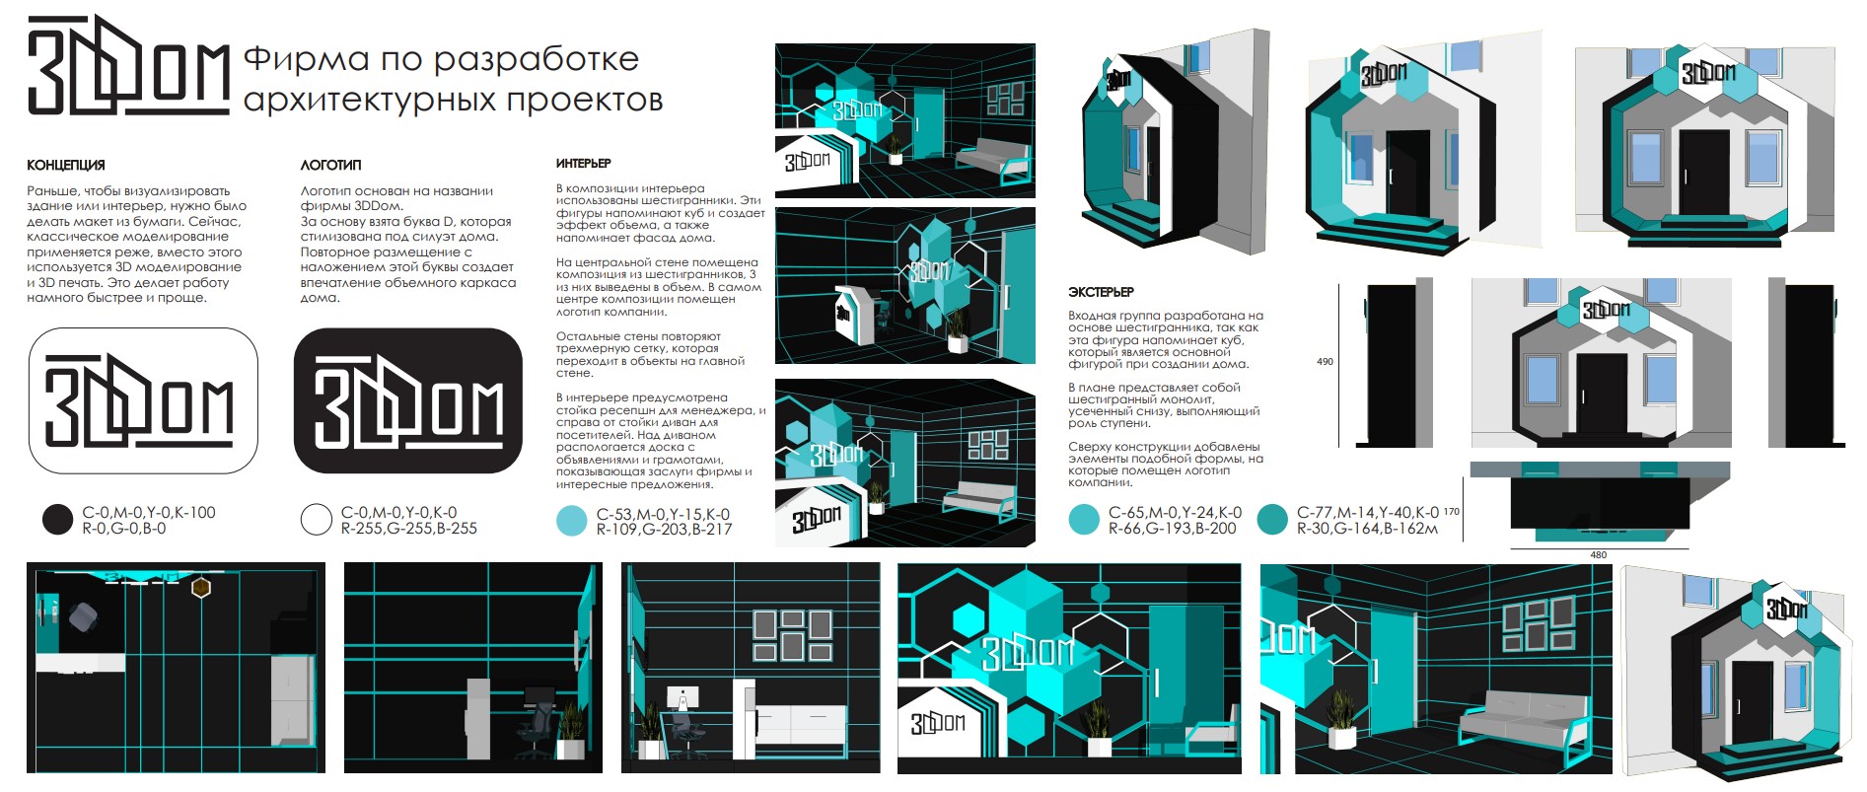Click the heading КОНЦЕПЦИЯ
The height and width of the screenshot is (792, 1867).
[x=65, y=165]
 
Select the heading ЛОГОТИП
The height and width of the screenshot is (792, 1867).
[x=330, y=165]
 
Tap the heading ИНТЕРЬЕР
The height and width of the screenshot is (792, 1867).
[x=583, y=163]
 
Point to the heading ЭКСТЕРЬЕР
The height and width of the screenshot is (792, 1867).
[x=1101, y=292]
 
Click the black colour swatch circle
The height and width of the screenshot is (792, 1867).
[x=58, y=520]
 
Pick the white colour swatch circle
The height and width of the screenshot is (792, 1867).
[x=316, y=520]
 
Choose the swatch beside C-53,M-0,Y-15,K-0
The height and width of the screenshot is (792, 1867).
[x=572, y=521]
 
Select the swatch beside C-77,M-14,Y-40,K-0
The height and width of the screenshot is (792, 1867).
[x=1273, y=520]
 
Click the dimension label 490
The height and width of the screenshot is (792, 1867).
[x=1325, y=362]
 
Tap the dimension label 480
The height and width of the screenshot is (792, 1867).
[x=1598, y=555]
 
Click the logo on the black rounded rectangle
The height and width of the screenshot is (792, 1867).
[x=408, y=401]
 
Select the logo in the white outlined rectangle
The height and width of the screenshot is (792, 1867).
[x=140, y=401]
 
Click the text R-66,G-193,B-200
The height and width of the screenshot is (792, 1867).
[x=1173, y=529]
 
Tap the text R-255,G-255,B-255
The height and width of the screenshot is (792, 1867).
[x=409, y=529]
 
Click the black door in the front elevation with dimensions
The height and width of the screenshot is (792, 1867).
[x=1601, y=392]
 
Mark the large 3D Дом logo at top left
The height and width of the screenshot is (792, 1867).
[x=128, y=65]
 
